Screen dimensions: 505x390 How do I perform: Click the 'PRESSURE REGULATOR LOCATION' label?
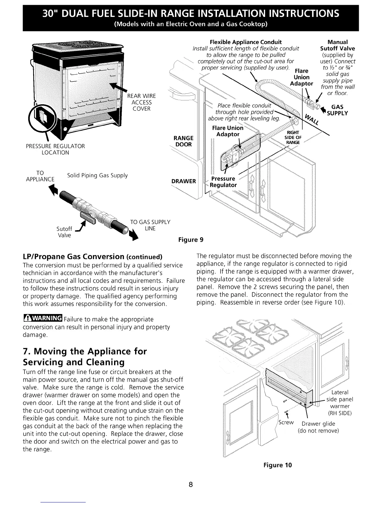coord(55,149)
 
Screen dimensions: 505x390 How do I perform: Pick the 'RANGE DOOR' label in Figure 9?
coord(183,141)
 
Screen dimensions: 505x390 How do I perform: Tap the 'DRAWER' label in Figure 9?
coord(184,181)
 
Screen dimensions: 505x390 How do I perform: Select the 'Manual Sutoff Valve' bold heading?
coord(337,45)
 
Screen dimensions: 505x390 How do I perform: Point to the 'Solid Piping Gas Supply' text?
coord(97,176)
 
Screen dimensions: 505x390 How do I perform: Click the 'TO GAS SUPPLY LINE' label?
coord(150,225)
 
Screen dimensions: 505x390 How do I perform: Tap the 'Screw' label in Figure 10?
coord(286,422)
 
